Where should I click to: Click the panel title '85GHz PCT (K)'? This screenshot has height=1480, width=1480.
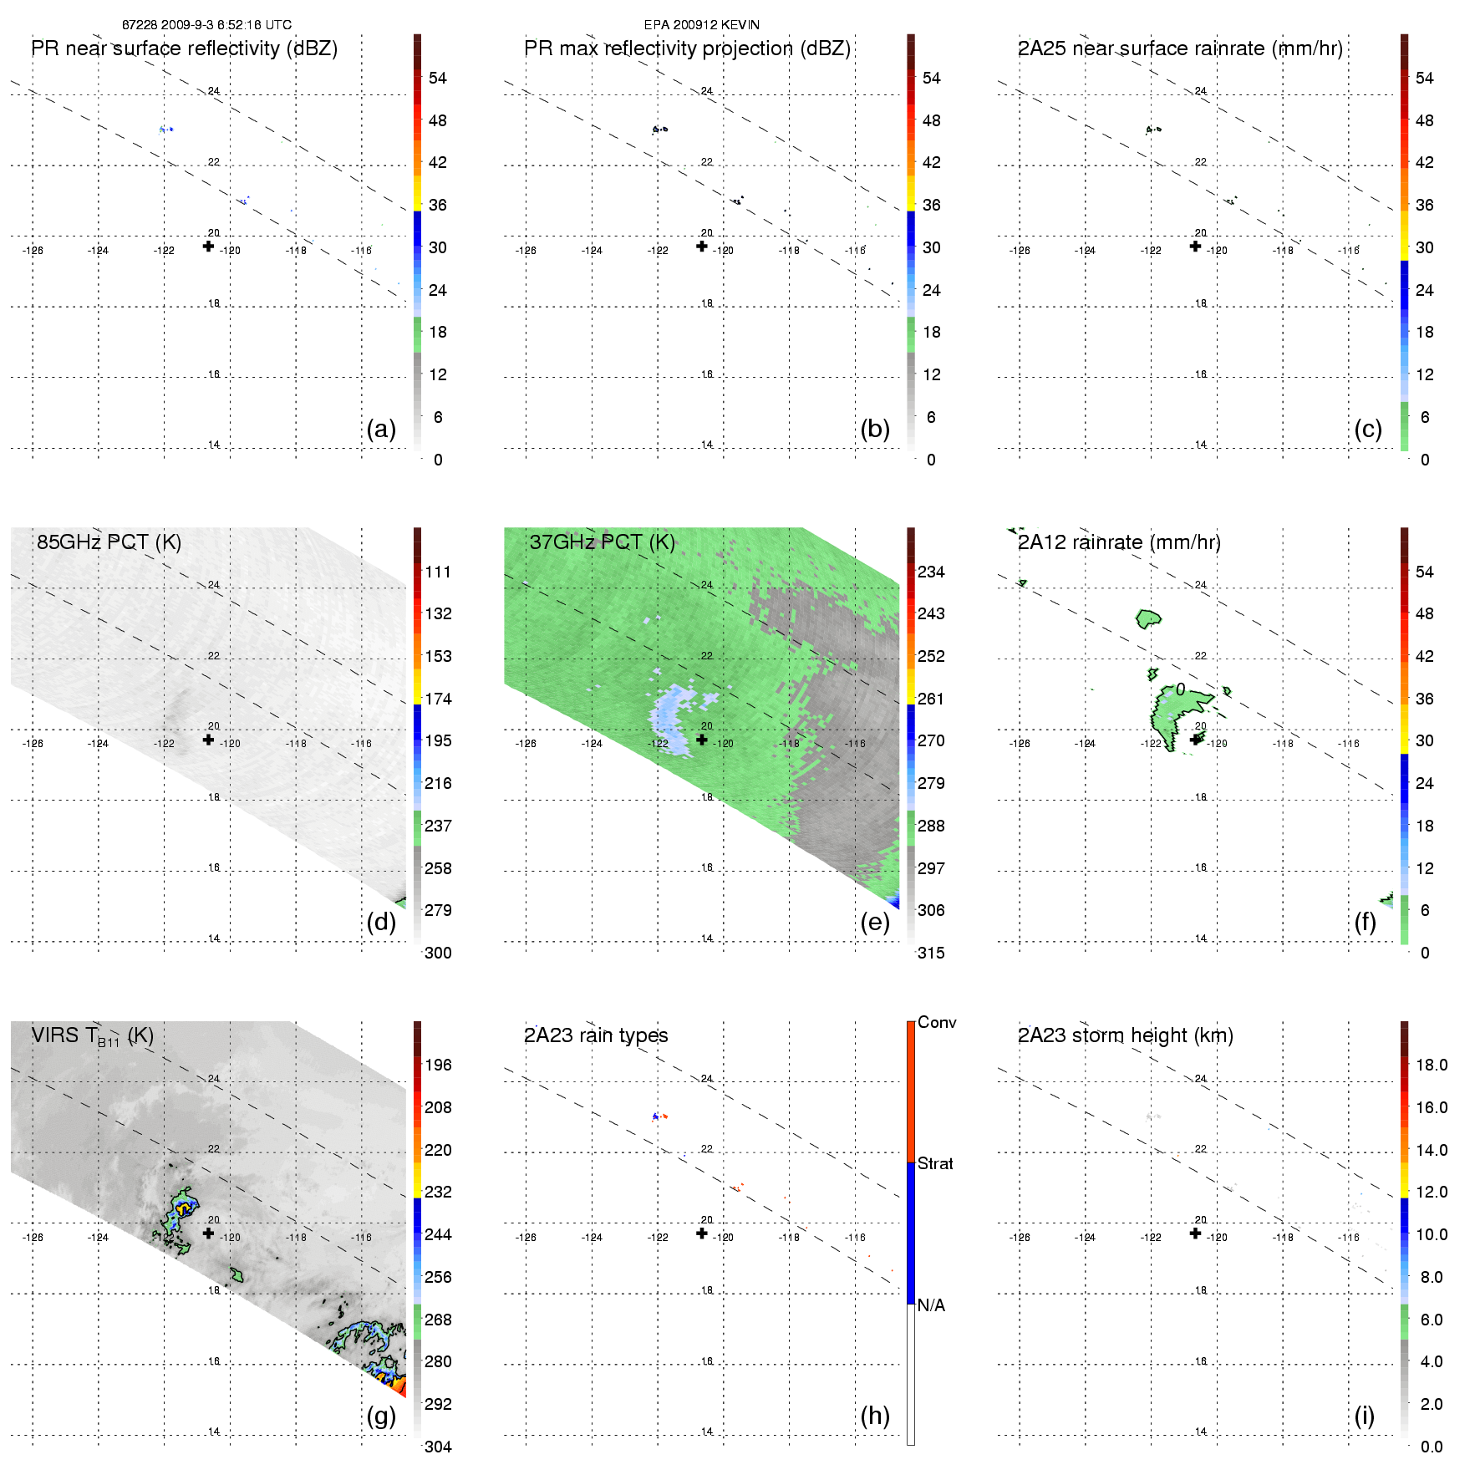[x=109, y=542]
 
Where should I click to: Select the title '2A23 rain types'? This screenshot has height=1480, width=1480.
[x=596, y=1035]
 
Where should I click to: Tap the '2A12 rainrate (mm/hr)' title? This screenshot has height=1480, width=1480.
[x=1119, y=542]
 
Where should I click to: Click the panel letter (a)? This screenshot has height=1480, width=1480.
[x=381, y=429]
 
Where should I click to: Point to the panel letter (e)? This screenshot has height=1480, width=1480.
[x=875, y=922]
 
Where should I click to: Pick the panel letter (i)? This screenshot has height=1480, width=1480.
[x=1365, y=1416]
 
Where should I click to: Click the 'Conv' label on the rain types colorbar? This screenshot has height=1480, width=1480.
[x=937, y=1022]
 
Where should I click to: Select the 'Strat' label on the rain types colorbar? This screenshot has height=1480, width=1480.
[x=935, y=1163]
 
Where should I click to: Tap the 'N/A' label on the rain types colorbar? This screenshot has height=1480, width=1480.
[x=931, y=1305]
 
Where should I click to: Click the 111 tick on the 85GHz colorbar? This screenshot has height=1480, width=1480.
[x=438, y=572]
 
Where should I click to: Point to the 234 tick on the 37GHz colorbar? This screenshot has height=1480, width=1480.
[x=931, y=572]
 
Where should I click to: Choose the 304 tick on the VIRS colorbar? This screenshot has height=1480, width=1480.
[x=438, y=1447]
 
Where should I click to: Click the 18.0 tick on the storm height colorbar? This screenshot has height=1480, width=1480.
[x=1432, y=1065]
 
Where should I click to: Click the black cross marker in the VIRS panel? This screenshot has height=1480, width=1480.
[x=208, y=1233]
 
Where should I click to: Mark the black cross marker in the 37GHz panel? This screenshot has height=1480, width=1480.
[x=702, y=739]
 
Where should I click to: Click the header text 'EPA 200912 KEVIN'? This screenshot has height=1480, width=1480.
[x=702, y=25]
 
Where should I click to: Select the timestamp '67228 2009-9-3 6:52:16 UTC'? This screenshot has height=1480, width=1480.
[x=206, y=25]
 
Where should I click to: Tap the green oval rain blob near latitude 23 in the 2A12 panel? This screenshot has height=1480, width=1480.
[x=1148, y=618]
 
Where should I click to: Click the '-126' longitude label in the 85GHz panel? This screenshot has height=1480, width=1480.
[x=33, y=744]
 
